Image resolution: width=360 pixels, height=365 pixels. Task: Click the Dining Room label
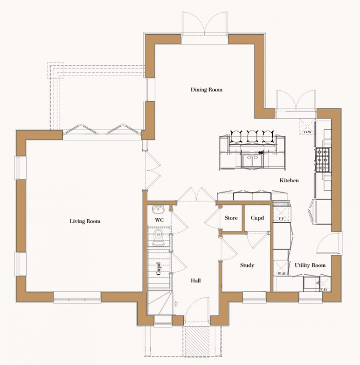click(x=206, y=90)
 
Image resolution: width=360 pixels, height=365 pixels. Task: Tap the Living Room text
click(x=85, y=221)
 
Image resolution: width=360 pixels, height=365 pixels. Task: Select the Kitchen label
click(x=289, y=180)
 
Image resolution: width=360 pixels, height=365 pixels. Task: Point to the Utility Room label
click(x=310, y=265)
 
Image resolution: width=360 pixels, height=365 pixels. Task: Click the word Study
click(x=247, y=265)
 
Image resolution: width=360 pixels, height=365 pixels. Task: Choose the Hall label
click(x=196, y=281)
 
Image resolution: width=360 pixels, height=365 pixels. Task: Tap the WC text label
click(x=159, y=220)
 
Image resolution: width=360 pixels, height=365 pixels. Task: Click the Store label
click(x=231, y=218)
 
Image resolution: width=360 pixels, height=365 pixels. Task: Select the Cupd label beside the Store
click(x=257, y=218)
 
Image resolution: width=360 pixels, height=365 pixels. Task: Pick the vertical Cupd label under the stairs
click(x=158, y=269)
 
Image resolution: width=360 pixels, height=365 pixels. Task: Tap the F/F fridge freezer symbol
click(x=281, y=213)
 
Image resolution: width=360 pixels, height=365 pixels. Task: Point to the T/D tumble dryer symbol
click(x=324, y=285)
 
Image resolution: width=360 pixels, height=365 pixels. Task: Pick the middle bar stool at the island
click(x=252, y=136)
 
